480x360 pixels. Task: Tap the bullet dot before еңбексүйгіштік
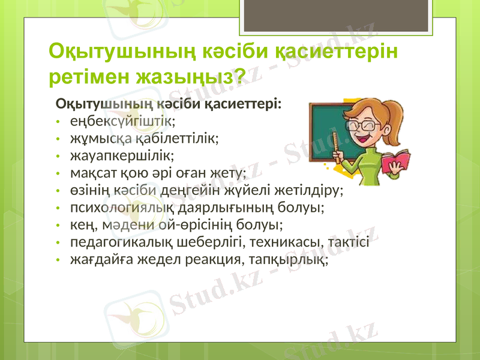pos(57,122)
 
